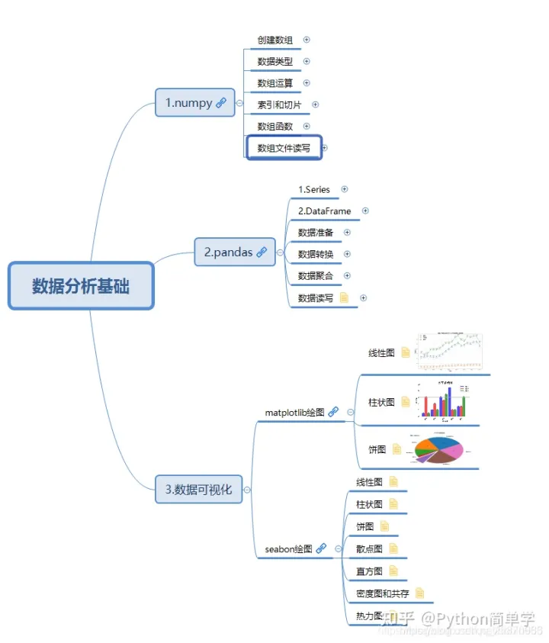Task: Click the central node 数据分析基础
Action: (x=81, y=286)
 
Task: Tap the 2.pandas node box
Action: (x=228, y=252)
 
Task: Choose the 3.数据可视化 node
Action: (x=198, y=490)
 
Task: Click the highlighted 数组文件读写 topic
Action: (x=284, y=148)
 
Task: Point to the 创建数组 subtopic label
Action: (x=274, y=40)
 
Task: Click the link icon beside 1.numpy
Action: (x=221, y=103)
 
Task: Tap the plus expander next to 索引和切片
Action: (x=315, y=104)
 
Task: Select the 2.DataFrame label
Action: (x=324, y=211)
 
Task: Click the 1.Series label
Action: (x=313, y=189)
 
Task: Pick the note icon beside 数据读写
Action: (x=344, y=297)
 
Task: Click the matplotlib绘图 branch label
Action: (x=294, y=413)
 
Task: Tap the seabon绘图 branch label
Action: (x=288, y=548)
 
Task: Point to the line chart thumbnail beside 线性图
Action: (x=450, y=351)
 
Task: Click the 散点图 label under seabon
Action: (x=370, y=548)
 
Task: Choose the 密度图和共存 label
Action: (x=382, y=593)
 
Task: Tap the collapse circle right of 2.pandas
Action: (x=280, y=252)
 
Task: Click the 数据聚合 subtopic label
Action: (x=315, y=275)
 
